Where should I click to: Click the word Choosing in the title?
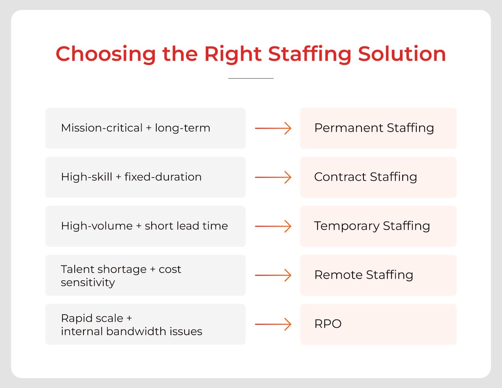click(105, 54)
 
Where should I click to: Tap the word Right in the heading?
click(233, 54)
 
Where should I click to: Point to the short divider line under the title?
click(251, 79)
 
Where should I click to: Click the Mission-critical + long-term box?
click(145, 128)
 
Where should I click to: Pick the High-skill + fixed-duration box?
click(145, 177)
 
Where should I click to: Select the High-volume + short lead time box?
click(145, 226)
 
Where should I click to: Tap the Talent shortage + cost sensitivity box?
click(145, 275)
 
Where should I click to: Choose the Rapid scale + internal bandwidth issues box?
click(145, 324)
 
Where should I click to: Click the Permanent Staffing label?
click(374, 128)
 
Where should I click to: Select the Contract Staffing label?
click(366, 177)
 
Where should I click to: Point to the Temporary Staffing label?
click(372, 226)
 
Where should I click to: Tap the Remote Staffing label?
click(364, 275)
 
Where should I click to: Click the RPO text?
click(328, 324)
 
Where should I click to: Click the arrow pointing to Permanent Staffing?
click(273, 128)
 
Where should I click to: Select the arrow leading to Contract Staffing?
click(273, 177)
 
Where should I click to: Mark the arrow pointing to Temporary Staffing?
click(273, 226)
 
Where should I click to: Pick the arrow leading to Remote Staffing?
click(273, 275)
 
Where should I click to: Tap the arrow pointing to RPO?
click(273, 324)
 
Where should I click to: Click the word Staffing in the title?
click(310, 54)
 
